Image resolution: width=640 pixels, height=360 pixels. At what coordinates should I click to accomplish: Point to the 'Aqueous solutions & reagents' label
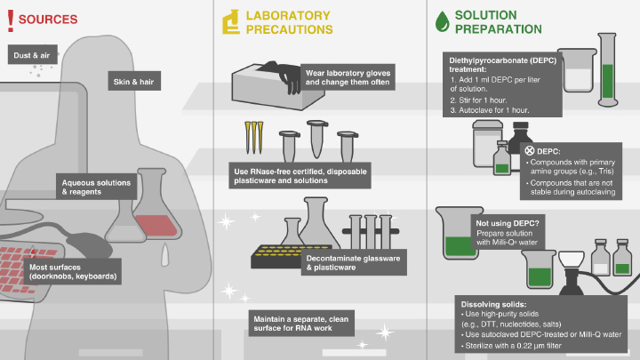[x=95, y=187]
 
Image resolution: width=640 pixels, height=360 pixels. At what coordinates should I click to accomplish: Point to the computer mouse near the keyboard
[x=84, y=242]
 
